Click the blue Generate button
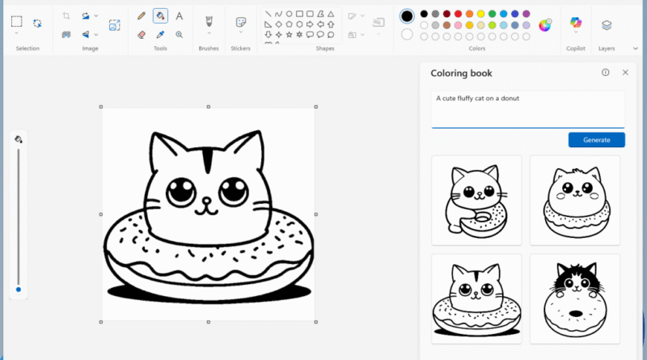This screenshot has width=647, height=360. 596,140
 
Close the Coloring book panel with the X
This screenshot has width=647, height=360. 625,73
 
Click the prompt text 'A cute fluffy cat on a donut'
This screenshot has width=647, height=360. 477,99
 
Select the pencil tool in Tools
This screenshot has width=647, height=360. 142,15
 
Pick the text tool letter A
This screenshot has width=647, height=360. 179,15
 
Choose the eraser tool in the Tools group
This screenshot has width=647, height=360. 142,35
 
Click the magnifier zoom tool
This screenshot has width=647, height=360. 179,35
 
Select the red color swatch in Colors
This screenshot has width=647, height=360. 458,14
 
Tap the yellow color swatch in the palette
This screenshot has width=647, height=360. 480,14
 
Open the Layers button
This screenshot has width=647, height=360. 607,25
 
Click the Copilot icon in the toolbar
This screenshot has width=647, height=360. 576,23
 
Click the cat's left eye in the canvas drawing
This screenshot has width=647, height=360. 180,192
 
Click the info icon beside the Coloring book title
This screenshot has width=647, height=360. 605,73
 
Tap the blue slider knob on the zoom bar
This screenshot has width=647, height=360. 19,289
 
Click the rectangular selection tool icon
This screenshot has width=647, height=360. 17,22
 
